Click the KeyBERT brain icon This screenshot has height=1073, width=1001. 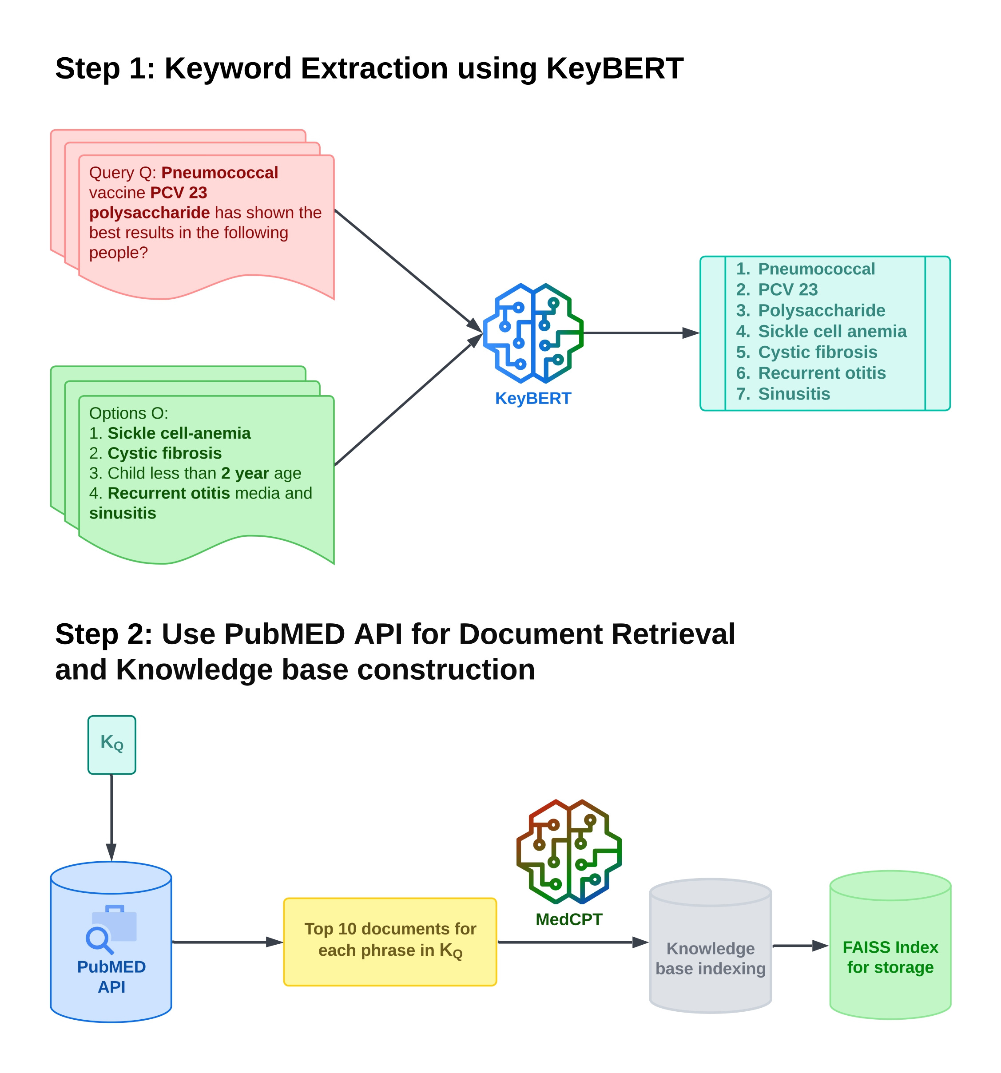[x=532, y=333]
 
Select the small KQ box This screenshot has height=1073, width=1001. [x=112, y=744]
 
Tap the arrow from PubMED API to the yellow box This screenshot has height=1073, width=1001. [x=227, y=942]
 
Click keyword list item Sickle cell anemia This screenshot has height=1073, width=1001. [x=832, y=331]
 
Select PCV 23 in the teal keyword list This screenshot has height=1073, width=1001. [x=788, y=289]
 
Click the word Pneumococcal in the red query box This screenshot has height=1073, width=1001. [x=219, y=172]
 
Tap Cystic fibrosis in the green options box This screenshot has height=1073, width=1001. [x=165, y=453]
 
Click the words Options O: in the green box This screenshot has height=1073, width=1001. [x=128, y=413]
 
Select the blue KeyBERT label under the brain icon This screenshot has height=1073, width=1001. [x=533, y=398]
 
